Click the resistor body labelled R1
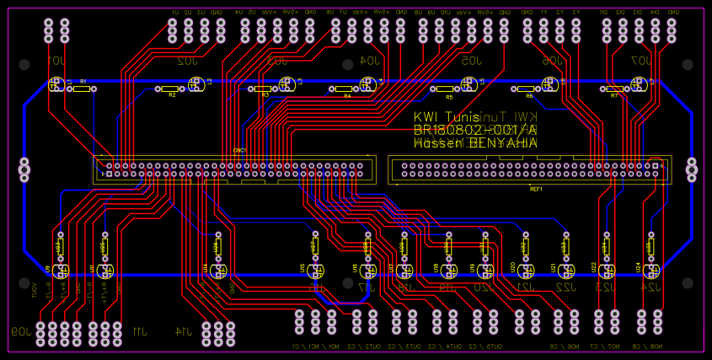82,87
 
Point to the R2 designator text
172,95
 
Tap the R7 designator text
614,95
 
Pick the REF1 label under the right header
536,190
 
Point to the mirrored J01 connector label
56,62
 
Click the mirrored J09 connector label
19,330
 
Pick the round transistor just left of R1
56,84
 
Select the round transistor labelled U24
650,271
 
